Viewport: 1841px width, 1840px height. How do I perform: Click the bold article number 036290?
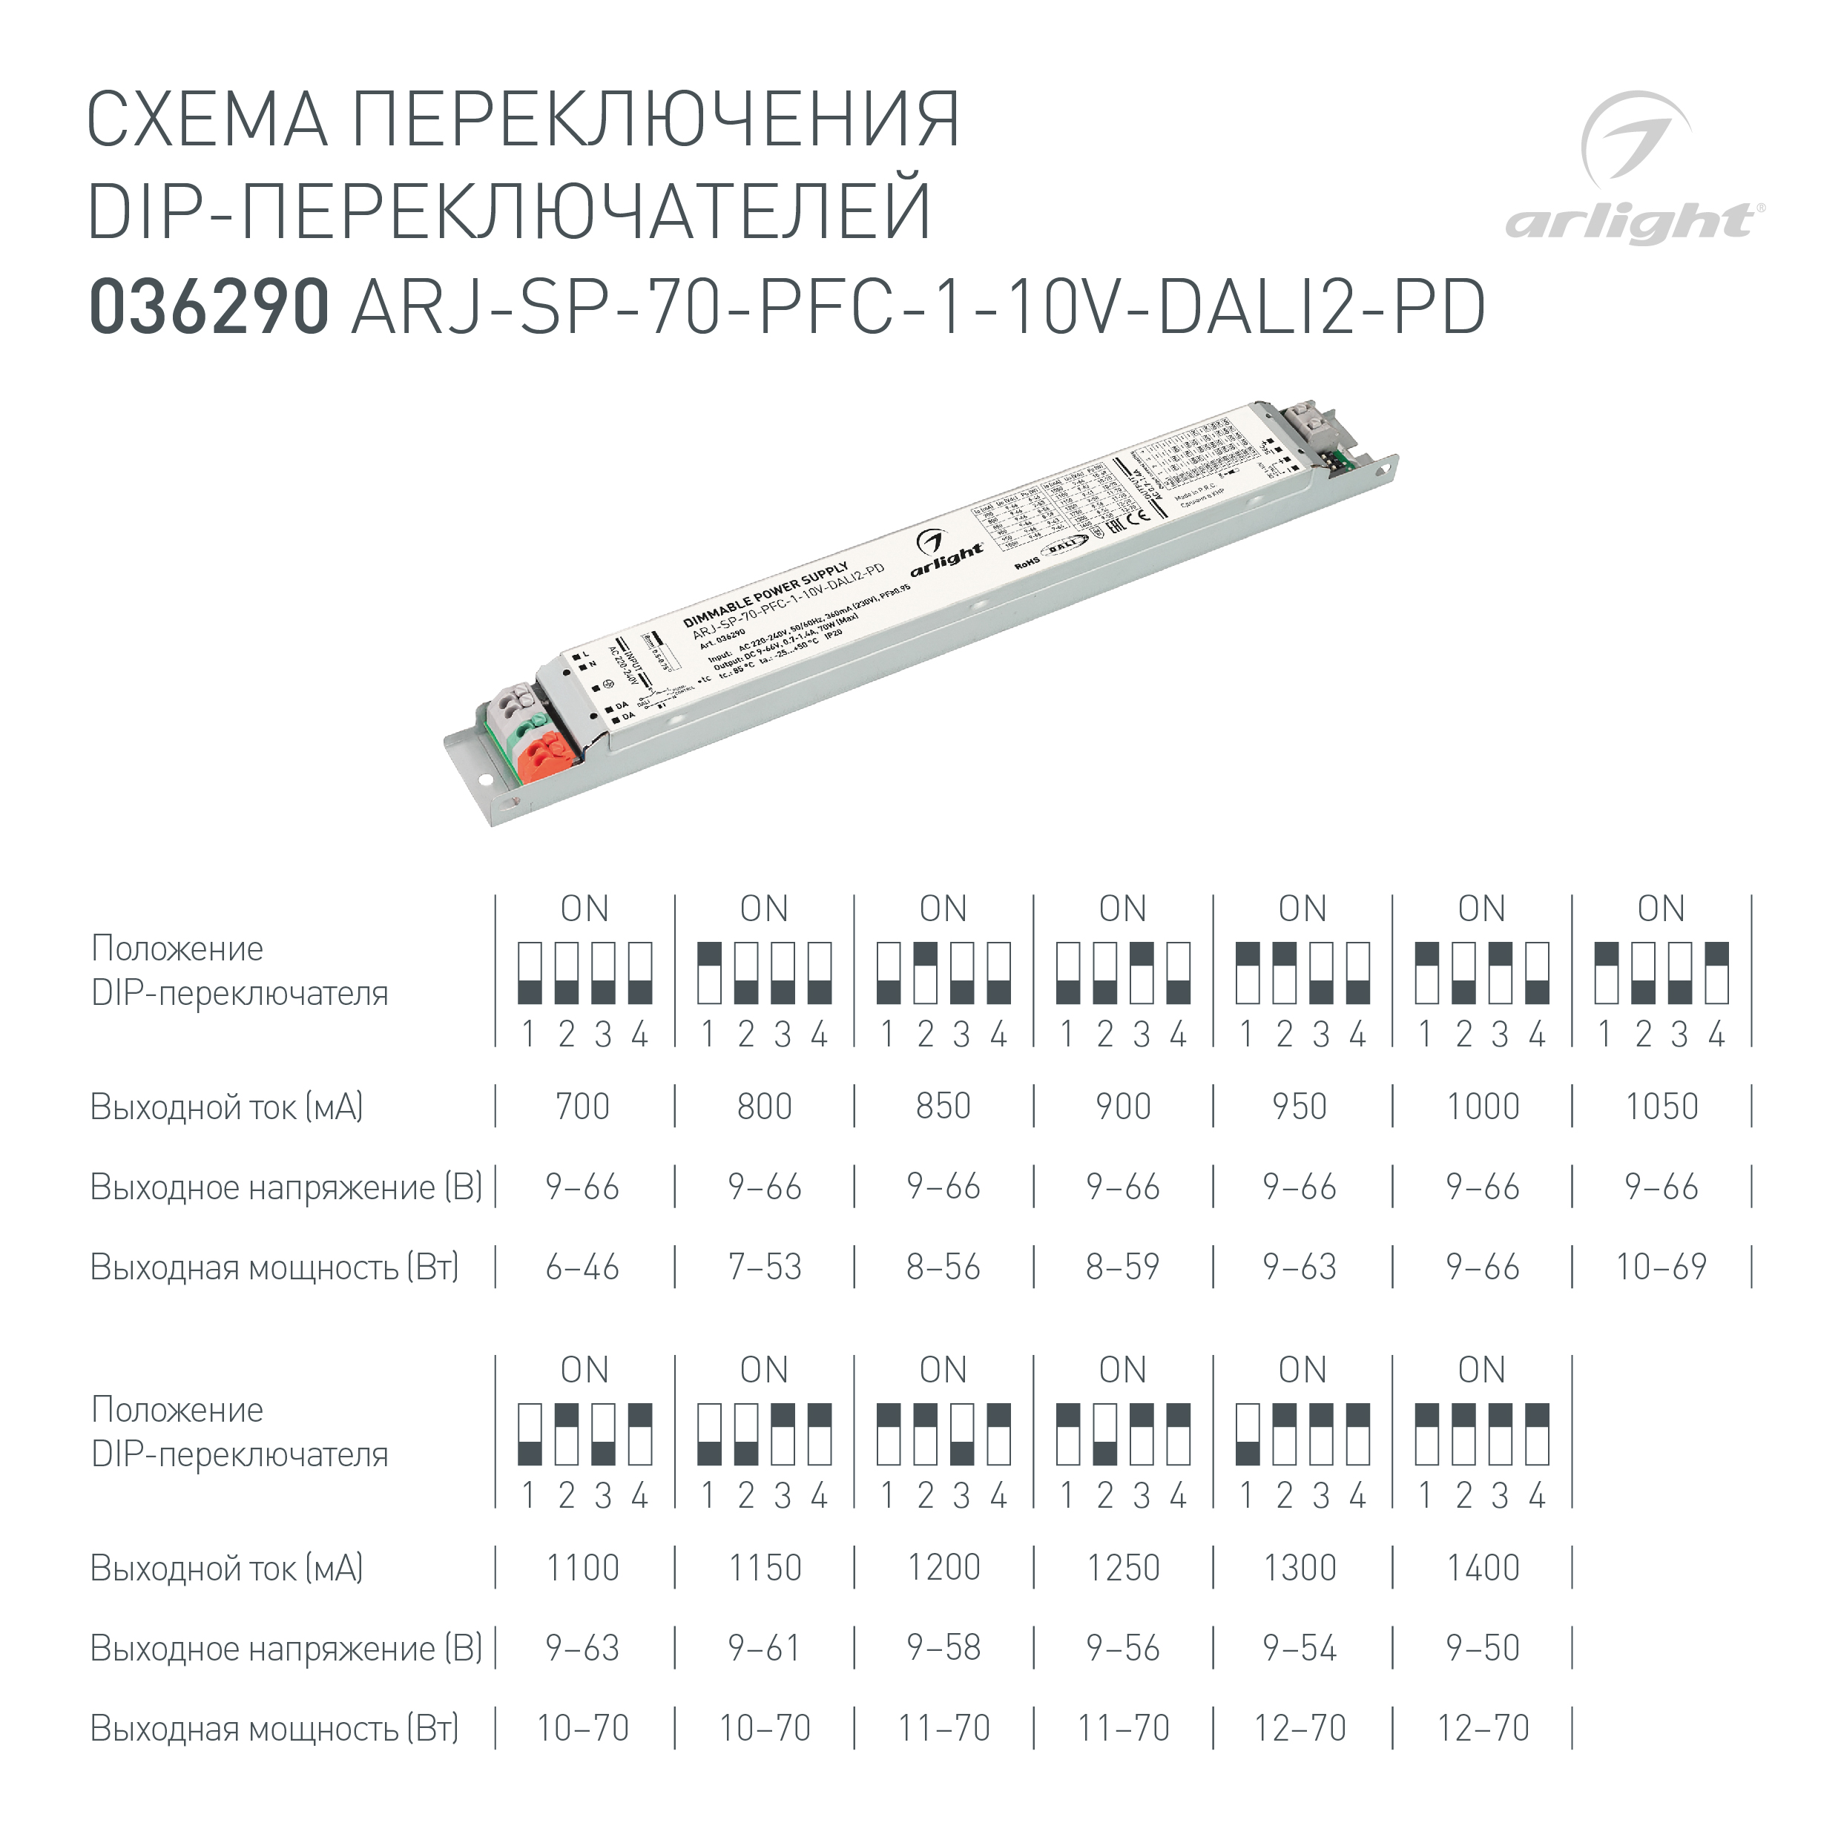[x=208, y=308]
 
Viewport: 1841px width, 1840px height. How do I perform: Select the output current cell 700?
[x=582, y=1107]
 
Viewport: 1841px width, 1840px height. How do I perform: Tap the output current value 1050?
[x=1661, y=1107]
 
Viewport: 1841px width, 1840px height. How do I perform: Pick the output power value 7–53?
[x=764, y=1267]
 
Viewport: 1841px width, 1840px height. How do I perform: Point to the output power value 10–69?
[x=1661, y=1267]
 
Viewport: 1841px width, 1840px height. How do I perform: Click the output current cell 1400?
[x=1483, y=1569]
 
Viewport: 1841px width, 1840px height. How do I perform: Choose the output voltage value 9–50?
[x=1483, y=1649]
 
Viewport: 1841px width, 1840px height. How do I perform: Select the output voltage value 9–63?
[x=582, y=1649]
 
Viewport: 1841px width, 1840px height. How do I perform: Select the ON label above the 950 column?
[x=1302, y=909]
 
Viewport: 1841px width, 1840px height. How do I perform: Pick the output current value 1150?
[x=764, y=1569]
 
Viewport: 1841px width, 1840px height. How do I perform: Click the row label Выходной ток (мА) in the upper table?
[x=227, y=1107]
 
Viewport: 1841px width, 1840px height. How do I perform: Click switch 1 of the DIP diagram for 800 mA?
[x=709, y=973]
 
